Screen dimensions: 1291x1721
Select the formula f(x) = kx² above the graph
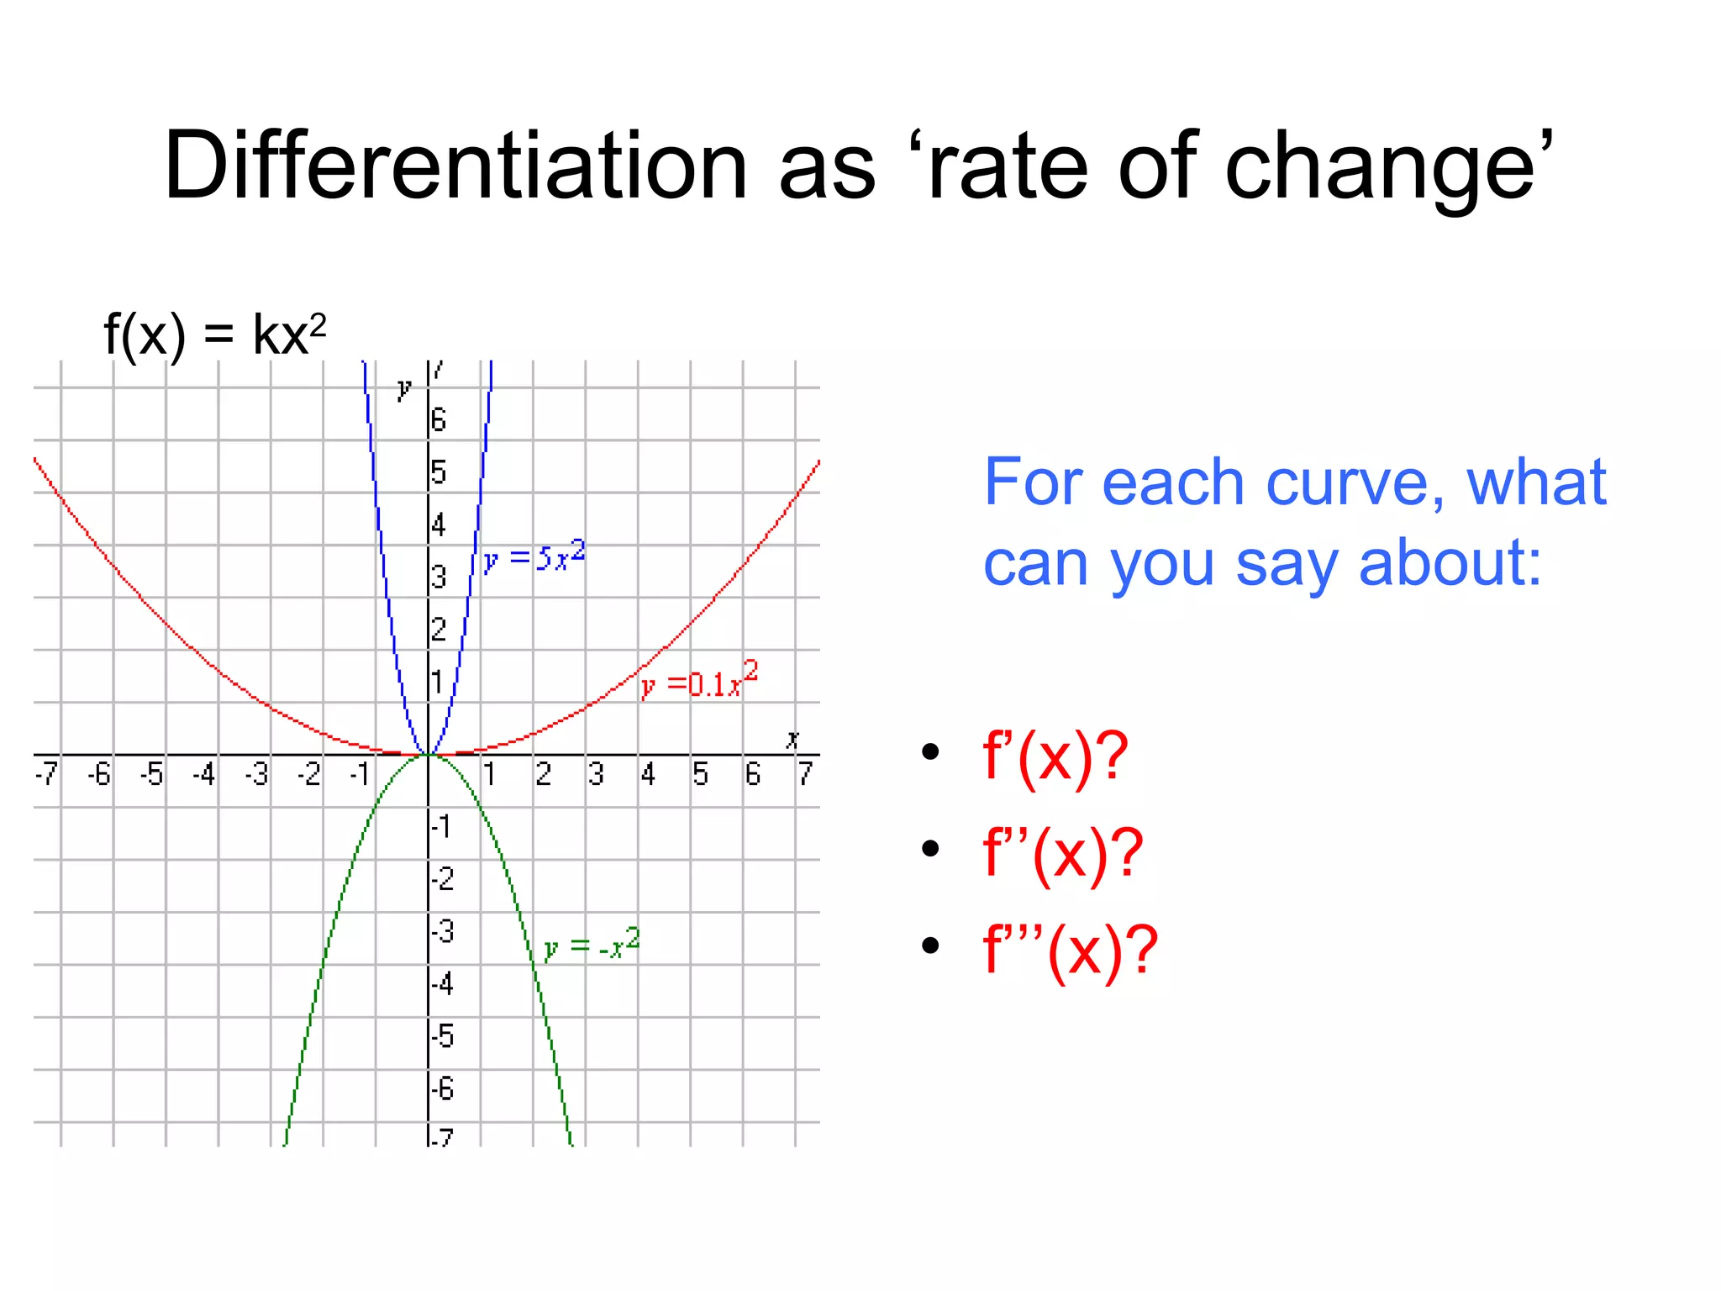[214, 335]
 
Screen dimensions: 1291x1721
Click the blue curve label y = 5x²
[534, 556]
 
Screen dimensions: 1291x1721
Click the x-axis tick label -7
[46, 773]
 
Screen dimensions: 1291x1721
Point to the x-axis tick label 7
[805, 773]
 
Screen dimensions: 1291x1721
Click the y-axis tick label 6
[439, 419]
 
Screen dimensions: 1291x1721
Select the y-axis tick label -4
[443, 983]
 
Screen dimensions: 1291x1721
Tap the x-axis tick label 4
[648, 773]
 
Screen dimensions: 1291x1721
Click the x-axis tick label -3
[256, 773]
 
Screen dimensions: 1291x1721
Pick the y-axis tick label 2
[439, 629]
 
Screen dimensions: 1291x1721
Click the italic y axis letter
[404, 388]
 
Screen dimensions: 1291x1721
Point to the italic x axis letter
[792, 739]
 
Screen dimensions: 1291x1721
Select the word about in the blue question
[1450, 563]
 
